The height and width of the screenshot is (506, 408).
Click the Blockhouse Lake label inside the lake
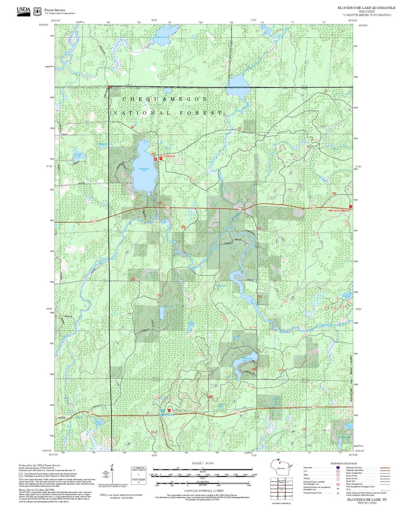(x=144, y=169)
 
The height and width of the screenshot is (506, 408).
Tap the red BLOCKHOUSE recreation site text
(x=168, y=156)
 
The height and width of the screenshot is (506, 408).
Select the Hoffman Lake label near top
(x=162, y=37)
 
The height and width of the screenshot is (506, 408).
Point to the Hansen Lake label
(x=78, y=155)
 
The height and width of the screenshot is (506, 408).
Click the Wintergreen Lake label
(x=245, y=360)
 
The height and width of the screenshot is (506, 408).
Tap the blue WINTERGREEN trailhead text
(x=166, y=415)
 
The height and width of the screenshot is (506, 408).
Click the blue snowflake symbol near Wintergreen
(x=163, y=411)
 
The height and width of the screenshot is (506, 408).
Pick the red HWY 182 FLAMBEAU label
(x=339, y=211)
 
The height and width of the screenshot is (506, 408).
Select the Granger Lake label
(x=349, y=426)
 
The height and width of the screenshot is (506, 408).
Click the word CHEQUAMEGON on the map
(x=165, y=99)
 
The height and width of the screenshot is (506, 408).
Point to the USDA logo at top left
(x=23, y=11)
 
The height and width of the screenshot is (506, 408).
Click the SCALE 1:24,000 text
(x=203, y=463)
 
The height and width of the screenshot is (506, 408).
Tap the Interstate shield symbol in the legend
(x=338, y=468)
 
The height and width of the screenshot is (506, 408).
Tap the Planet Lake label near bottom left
(x=99, y=423)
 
